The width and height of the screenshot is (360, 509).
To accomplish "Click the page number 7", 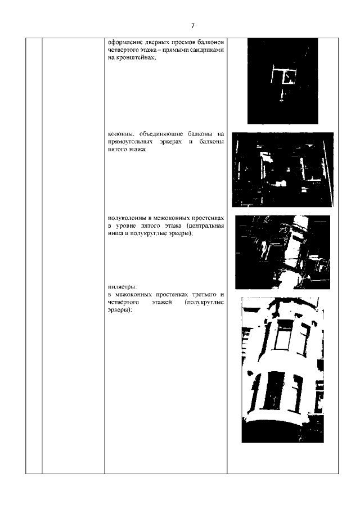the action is point(193,26).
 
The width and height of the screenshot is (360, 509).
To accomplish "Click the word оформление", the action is point(120,43).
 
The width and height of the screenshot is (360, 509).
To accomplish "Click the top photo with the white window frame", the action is point(282,81).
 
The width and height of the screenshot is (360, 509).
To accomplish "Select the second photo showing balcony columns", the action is point(283,169).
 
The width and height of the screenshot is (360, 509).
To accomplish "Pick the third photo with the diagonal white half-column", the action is point(283,252).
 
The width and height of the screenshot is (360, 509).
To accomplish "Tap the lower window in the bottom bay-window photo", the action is point(274,390).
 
